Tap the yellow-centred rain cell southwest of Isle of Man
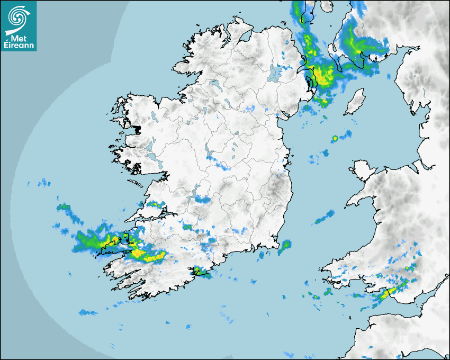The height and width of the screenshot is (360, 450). (335, 139)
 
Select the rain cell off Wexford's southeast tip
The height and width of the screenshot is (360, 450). (285, 245)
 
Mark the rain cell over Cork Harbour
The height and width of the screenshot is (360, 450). (200, 272)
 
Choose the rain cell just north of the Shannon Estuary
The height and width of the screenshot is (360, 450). (154, 204)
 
